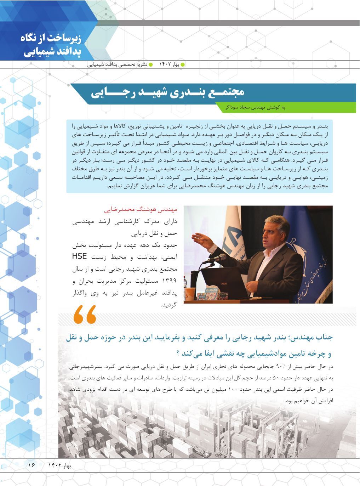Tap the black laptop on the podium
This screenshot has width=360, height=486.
[x=227, y=285]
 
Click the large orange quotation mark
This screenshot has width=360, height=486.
[x=85, y=315]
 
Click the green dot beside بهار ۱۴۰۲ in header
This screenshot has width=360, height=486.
[x=183, y=65]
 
